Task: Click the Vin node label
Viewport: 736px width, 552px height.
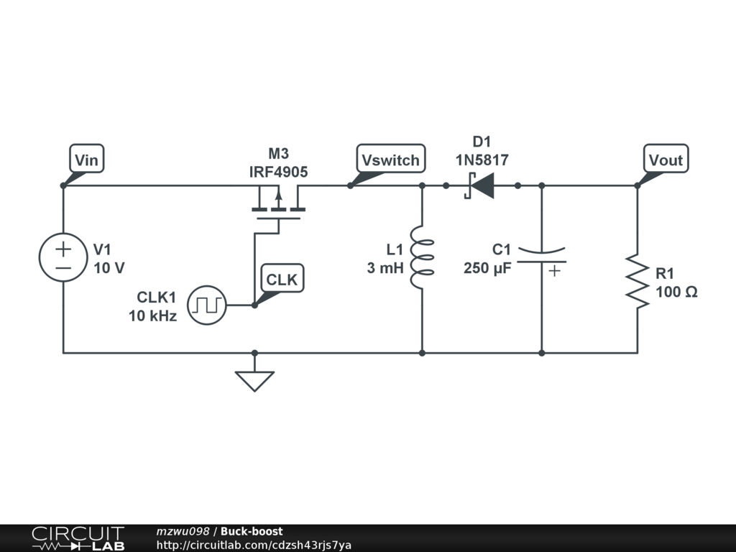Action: (x=86, y=159)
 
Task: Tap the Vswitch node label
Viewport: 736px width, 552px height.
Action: (x=390, y=160)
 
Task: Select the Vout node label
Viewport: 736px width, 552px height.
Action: (x=666, y=160)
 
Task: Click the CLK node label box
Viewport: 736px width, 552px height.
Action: (x=282, y=279)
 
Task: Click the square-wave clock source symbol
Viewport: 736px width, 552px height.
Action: (x=207, y=305)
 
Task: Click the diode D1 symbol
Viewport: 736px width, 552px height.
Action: (x=480, y=185)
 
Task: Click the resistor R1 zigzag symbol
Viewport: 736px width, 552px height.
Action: (x=637, y=280)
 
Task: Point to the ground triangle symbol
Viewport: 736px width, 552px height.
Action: (x=254, y=379)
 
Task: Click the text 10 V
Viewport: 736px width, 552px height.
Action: (x=109, y=268)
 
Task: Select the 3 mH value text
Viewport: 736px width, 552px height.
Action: (x=386, y=268)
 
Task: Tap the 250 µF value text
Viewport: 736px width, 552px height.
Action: (x=487, y=268)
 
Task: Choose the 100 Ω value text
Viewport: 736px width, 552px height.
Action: (x=676, y=292)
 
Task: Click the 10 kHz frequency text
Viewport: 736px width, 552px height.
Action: (x=153, y=316)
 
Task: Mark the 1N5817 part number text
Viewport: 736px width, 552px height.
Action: (x=482, y=160)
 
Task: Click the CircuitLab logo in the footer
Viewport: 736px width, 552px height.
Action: (x=78, y=538)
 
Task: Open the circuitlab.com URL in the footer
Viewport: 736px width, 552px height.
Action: (x=254, y=545)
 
